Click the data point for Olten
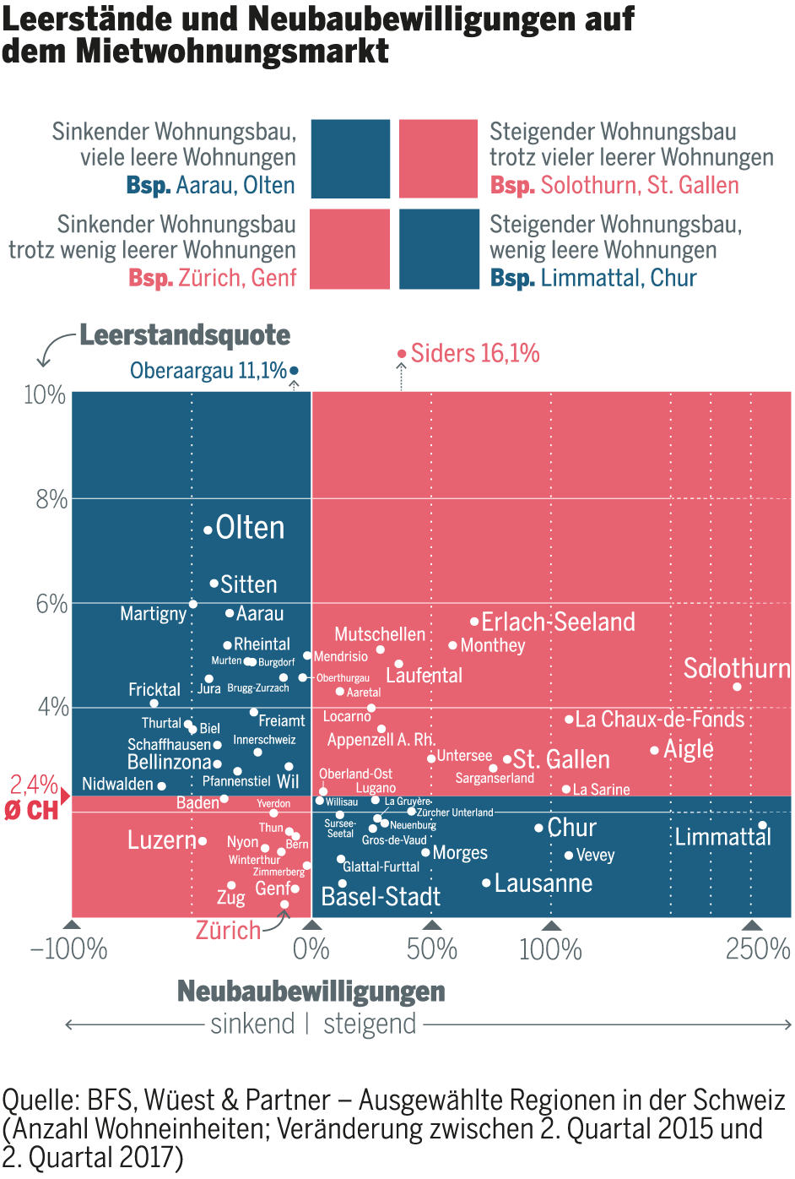208,530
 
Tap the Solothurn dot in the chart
737,687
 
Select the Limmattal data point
762,825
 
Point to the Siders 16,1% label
475,353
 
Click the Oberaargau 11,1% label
208,370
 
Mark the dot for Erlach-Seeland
474,622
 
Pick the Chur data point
538,828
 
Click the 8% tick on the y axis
51,499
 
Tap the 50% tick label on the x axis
431,949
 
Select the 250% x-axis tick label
757,949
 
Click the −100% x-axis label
69,949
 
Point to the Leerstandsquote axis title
185,335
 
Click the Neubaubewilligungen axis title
311,991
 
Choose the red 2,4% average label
34,785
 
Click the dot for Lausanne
486,883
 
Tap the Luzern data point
203,841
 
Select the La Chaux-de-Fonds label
660,720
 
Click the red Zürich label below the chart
229,931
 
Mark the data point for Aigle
654,750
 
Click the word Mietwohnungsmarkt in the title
232,52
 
